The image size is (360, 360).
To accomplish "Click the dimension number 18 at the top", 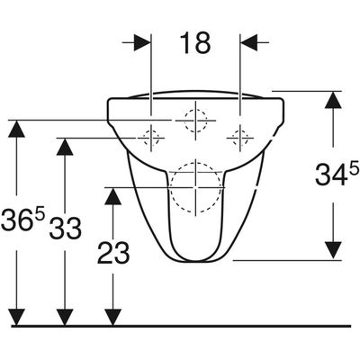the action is click(195, 43).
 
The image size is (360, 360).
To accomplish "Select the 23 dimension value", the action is click(113, 253).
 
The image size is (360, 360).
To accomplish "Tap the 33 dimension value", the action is click(66, 228).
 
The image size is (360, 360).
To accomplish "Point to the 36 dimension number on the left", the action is click(17, 220).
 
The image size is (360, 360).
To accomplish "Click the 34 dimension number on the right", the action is click(331, 175).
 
